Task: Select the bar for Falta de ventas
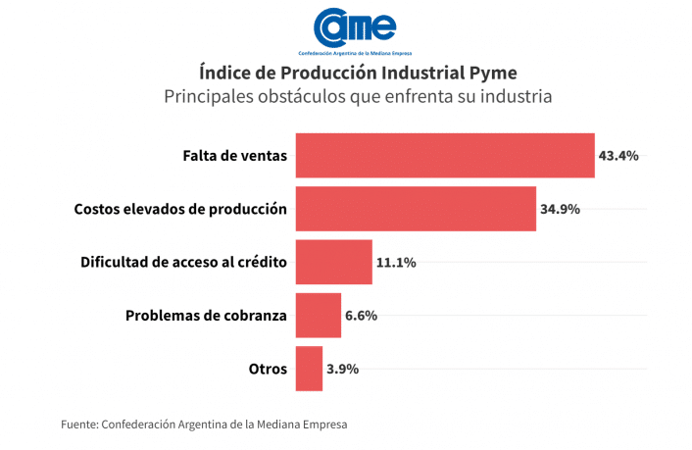click(445, 155)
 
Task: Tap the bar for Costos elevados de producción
click(416, 209)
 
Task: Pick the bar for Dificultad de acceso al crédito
click(333, 262)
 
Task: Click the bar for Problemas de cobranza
click(318, 316)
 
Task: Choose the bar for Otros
click(309, 369)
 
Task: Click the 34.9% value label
click(560, 209)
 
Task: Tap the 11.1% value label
click(396, 263)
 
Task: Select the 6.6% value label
click(362, 316)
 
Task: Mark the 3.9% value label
click(343, 370)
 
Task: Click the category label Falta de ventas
click(235, 156)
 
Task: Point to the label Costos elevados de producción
click(180, 209)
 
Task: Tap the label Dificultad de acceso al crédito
click(183, 263)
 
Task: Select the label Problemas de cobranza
click(206, 316)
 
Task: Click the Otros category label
click(268, 370)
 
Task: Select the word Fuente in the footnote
click(78, 425)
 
